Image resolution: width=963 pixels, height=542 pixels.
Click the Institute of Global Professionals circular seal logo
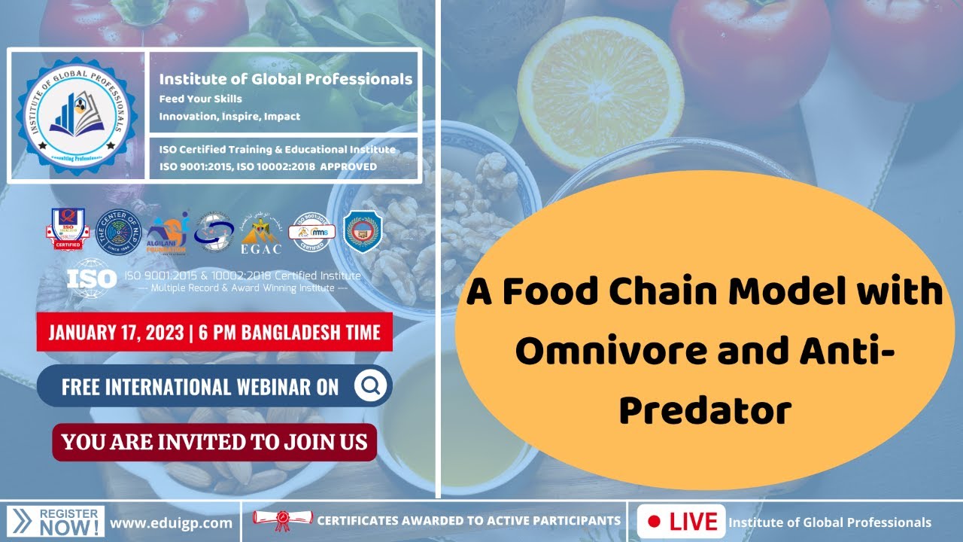coord(77,116)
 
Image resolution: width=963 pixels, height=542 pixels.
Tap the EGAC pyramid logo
coord(260,231)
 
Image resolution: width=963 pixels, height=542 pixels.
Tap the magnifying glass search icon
coord(369,386)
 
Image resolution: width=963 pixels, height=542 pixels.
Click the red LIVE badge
coord(682,522)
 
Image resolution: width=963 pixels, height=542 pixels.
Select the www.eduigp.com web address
coord(171,522)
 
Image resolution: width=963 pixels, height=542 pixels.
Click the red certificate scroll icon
coord(282,519)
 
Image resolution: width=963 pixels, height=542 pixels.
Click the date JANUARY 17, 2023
coord(120,332)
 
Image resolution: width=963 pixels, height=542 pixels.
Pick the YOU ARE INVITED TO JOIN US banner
coord(214,442)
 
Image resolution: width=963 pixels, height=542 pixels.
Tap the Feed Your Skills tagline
coord(200,99)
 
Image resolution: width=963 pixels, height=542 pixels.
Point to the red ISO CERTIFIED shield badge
coord(66,229)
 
